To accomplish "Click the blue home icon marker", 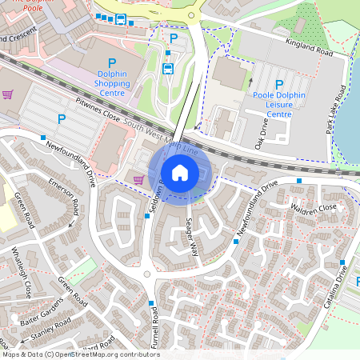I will [180, 172].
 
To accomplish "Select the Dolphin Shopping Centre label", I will [111, 82].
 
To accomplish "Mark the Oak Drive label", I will [261, 131].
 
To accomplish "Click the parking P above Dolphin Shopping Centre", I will [111, 62].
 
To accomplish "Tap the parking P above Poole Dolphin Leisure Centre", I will [279, 84].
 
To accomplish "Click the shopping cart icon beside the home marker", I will [138, 178].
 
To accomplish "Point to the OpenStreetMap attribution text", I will [80, 354].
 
